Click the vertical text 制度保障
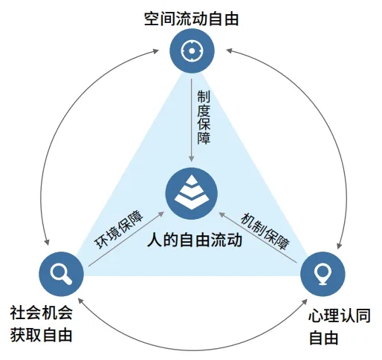tap(204, 119)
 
